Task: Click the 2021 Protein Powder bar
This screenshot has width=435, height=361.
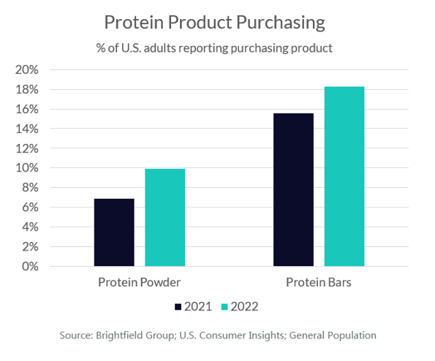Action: tap(114, 232)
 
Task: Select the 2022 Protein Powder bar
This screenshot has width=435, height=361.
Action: tap(165, 217)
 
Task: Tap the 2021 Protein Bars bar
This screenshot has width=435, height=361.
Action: tap(294, 190)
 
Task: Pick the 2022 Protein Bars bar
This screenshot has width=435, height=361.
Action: tap(345, 176)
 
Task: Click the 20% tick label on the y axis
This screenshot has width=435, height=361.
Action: tap(27, 70)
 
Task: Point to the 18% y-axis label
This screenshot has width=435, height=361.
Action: tap(27, 90)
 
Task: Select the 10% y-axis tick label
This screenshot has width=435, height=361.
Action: tap(27, 168)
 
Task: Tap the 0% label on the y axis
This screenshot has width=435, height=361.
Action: tap(30, 266)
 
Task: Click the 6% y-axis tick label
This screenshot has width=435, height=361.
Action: tap(30, 207)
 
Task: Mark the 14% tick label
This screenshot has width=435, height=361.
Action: tap(27, 129)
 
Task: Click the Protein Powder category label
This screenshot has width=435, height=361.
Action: tap(139, 282)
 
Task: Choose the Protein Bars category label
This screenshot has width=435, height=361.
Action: tap(319, 282)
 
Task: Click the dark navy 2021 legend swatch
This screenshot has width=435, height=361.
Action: tap(178, 307)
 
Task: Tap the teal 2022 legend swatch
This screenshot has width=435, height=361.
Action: tap(224, 307)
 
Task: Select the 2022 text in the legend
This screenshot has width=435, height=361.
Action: tap(244, 307)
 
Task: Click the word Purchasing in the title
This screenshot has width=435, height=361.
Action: tap(281, 22)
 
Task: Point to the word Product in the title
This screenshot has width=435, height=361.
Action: tap(200, 22)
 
